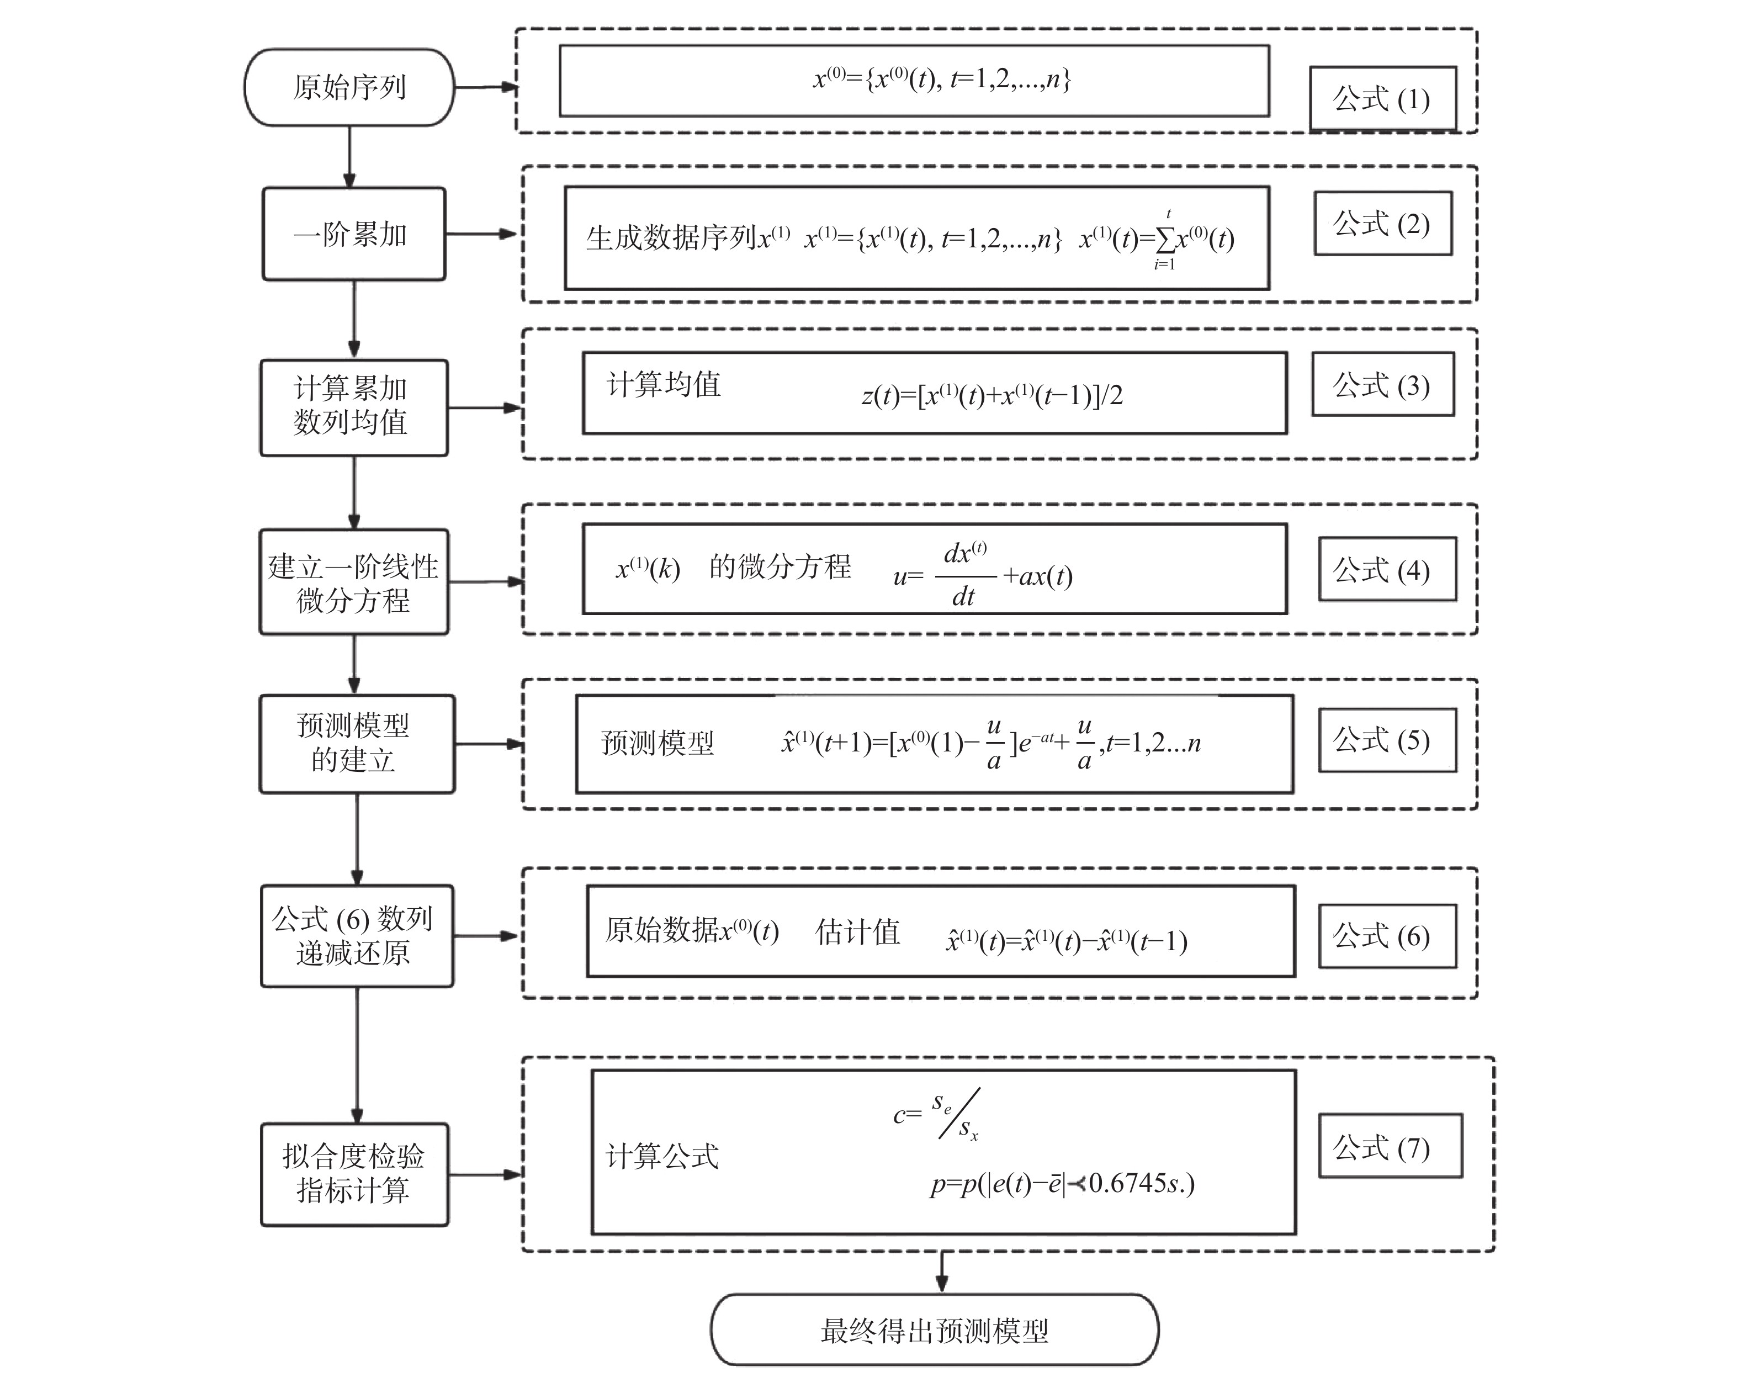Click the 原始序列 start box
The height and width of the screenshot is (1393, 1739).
click(349, 87)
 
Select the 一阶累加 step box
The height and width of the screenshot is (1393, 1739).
click(353, 234)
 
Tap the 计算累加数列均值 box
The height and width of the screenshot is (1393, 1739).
click(353, 407)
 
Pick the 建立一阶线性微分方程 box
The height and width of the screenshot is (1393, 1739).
click(353, 581)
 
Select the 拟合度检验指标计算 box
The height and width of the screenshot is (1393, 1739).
click(354, 1174)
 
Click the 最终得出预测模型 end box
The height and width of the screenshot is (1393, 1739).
click(934, 1330)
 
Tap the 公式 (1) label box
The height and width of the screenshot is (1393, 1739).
click(1382, 98)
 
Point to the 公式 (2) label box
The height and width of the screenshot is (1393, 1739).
click(1382, 224)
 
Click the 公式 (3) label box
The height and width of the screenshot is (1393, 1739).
click(1382, 384)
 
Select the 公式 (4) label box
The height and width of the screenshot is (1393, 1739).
click(1387, 569)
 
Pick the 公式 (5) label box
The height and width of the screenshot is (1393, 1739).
click(1387, 740)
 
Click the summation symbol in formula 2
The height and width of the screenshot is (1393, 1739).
click(1165, 239)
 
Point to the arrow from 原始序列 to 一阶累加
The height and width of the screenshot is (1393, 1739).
click(349, 157)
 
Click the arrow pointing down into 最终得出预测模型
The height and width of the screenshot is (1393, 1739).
click(941, 1272)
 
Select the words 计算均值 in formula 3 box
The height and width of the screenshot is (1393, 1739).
click(663, 384)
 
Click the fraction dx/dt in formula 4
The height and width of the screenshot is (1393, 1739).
click(964, 574)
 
